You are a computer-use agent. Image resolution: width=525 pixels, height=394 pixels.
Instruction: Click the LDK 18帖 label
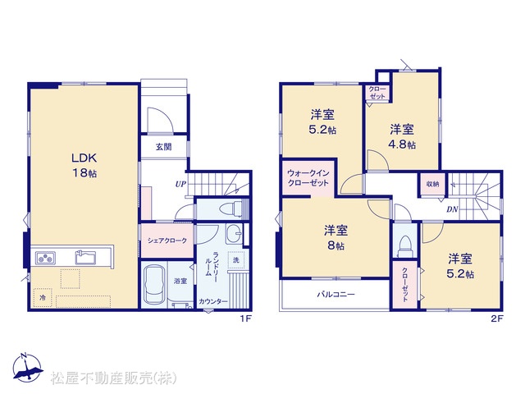[84, 165]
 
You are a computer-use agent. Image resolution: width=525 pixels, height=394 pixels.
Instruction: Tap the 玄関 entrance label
[163, 147]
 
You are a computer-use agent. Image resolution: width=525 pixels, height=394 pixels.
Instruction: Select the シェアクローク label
[167, 241]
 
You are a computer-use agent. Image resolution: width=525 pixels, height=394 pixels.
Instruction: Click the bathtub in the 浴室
[155, 285]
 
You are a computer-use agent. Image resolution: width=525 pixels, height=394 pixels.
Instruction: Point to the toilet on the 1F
[232, 209]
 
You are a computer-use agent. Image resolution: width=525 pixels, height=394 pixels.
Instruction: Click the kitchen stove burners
[46, 259]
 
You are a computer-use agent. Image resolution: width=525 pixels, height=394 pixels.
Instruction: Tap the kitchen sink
[85, 257]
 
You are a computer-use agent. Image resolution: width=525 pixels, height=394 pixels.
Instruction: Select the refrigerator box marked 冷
[43, 297]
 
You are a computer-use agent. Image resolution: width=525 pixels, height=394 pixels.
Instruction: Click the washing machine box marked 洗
[236, 260]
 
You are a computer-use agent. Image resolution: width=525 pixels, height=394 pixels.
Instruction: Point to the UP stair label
[180, 184]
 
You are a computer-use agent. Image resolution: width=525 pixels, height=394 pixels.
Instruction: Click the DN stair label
[452, 210]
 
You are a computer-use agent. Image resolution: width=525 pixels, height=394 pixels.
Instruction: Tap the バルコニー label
[336, 295]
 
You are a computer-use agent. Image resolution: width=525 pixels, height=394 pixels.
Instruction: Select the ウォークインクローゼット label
[308, 178]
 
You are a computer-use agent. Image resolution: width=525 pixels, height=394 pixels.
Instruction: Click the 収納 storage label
[432, 184]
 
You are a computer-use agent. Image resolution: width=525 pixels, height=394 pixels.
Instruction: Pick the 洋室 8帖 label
[336, 237]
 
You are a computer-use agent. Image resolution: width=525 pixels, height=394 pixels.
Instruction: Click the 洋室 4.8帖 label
[402, 137]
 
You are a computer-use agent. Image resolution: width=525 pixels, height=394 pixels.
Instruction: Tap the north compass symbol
[27, 368]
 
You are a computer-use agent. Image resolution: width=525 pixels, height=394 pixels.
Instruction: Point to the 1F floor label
[245, 318]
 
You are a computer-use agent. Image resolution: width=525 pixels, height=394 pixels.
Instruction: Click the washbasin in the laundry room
[234, 233]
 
